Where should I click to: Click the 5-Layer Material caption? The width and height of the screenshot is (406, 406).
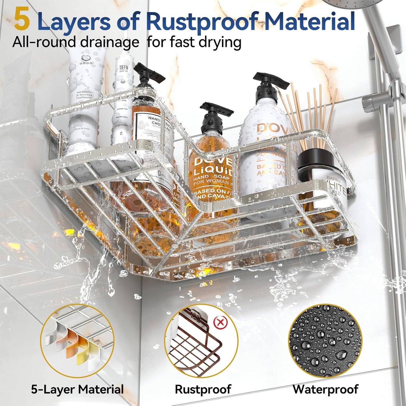pyautogui.click(x=77, y=389)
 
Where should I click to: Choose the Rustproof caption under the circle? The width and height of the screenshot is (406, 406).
pyautogui.click(x=203, y=389)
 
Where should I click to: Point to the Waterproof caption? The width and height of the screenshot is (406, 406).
pyautogui.click(x=325, y=389)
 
